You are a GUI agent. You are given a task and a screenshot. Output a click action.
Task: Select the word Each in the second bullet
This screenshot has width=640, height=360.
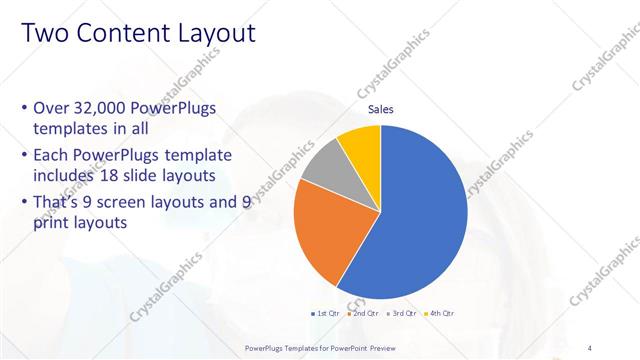click(x=51, y=155)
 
